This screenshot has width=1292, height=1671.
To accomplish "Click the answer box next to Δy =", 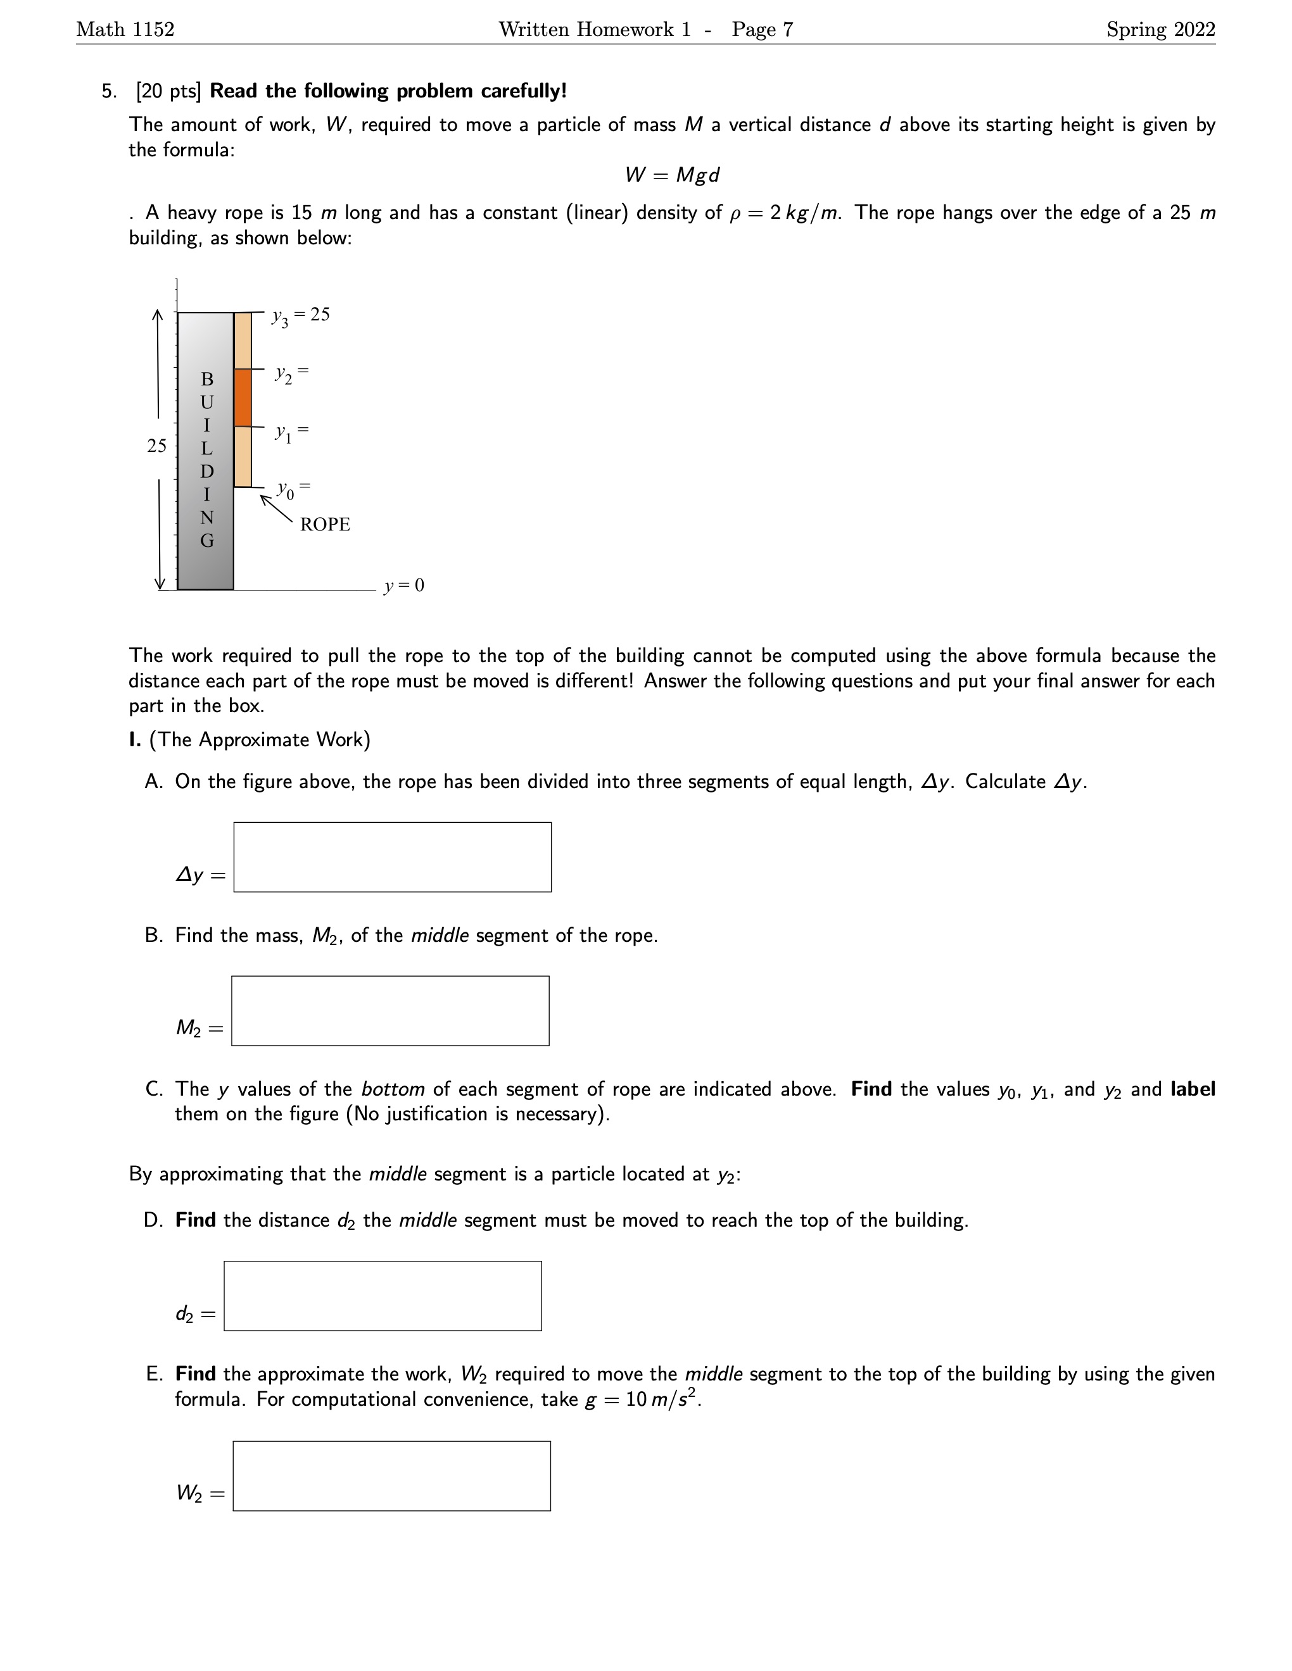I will (392, 857).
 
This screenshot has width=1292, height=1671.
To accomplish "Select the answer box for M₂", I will (390, 1011).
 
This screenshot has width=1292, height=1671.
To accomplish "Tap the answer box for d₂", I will (383, 1296).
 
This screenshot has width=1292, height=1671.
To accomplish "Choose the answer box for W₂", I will (391, 1476).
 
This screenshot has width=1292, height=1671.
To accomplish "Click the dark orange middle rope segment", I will (243, 398).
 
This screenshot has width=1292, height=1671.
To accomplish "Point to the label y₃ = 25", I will (300, 315).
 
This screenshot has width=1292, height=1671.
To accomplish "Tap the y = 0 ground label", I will (404, 585).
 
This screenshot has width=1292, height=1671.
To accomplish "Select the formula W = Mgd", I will (672, 175).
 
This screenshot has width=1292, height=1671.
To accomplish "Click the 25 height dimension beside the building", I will (156, 446).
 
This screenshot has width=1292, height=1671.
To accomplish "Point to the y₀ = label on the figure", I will (293, 488).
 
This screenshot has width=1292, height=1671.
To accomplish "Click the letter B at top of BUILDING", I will (206, 379).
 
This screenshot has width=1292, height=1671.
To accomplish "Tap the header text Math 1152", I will (125, 29).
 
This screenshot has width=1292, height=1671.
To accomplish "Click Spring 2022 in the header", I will (1160, 29).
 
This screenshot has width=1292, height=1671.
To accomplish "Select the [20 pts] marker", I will (168, 91).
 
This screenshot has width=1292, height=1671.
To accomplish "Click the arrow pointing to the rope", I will (275, 510).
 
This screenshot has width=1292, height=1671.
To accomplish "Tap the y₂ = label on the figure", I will (291, 373).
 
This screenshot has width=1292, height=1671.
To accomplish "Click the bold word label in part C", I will (1193, 1089).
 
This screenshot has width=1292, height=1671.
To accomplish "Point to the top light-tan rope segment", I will (243, 341).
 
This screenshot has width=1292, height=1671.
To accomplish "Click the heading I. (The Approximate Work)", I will (250, 740).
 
